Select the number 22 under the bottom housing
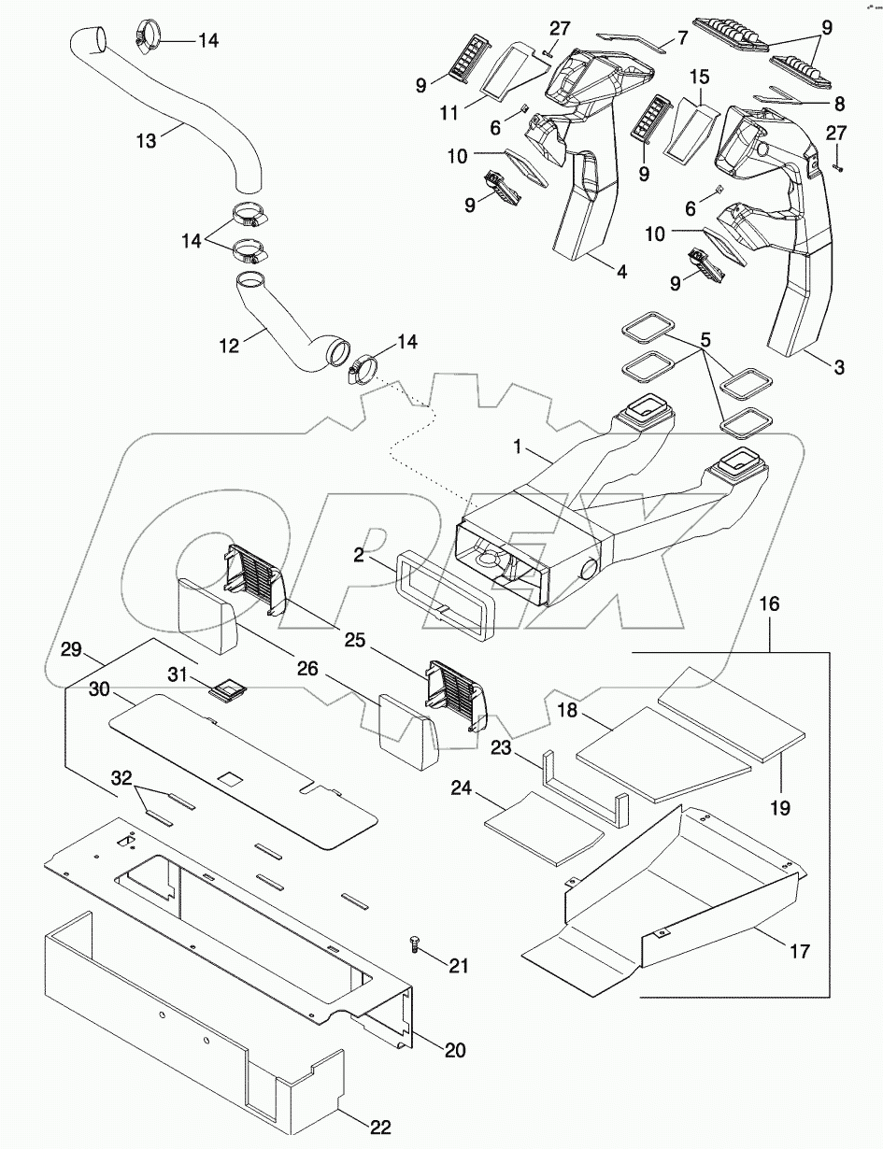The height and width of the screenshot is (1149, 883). pos(378,1128)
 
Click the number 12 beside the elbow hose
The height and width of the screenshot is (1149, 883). pos(228,346)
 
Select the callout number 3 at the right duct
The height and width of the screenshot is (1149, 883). pos(838,368)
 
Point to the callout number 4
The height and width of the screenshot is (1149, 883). pos(621,273)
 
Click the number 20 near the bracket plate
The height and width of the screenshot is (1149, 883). pos(454,1049)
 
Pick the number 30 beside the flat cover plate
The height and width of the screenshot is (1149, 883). pos(100,689)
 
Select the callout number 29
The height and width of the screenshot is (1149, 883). pos(71,648)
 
